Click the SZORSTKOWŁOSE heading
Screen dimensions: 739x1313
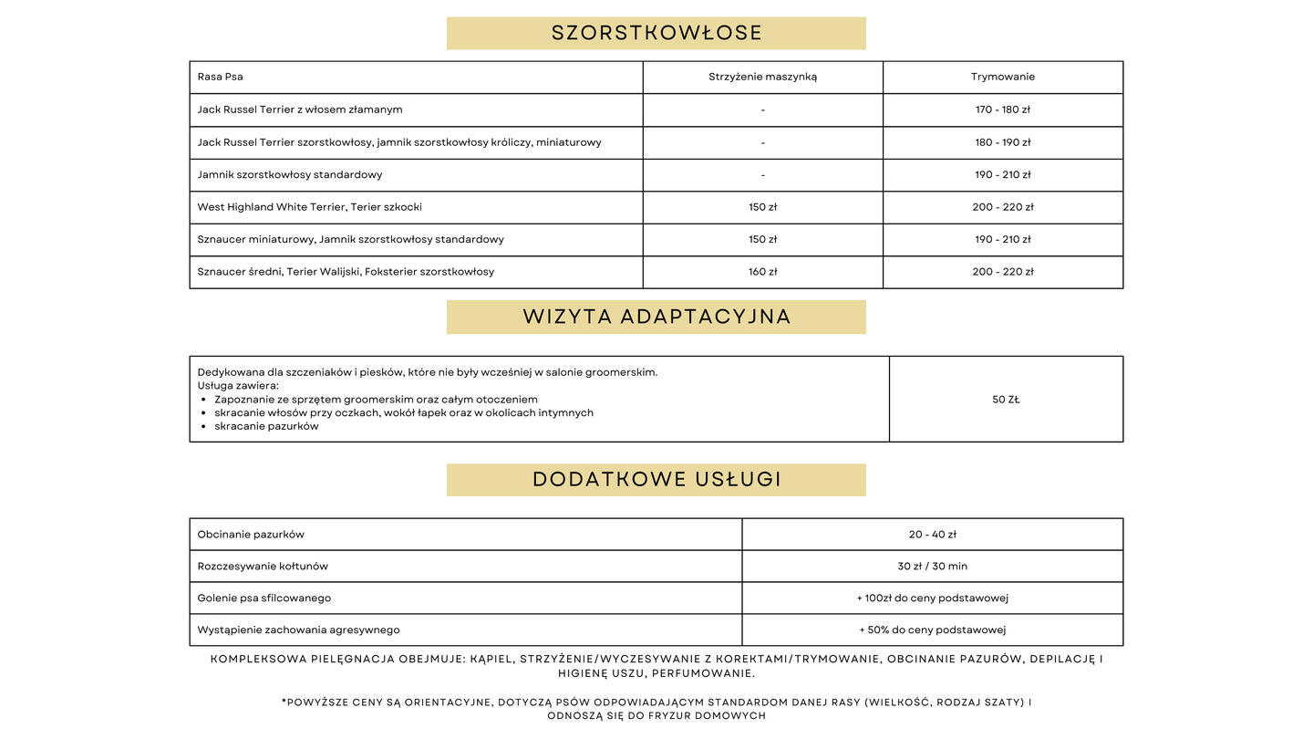pyautogui.click(x=656, y=33)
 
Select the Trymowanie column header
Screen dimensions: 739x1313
pyautogui.click(x=1003, y=77)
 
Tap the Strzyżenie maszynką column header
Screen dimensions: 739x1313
pyautogui.click(x=762, y=77)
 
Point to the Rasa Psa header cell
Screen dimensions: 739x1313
pyautogui.click(x=221, y=77)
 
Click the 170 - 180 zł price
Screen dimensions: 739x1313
pyautogui.click(x=1003, y=109)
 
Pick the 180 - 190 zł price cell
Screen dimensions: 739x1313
pyautogui.click(x=1003, y=142)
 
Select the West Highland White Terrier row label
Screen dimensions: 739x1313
pyautogui.click(x=309, y=207)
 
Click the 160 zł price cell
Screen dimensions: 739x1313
pyautogui.click(x=762, y=272)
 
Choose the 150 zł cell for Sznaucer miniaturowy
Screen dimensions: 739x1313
pyautogui.click(x=762, y=239)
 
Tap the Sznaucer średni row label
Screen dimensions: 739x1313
pyautogui.click(x=346, y=272)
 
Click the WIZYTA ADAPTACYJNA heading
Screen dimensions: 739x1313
pyautogui.click(x=656, y=317)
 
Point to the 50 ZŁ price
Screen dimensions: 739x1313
pyautogui.click(x=1006, y=400)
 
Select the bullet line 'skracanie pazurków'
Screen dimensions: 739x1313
pyautogui.click(x=266, y=426)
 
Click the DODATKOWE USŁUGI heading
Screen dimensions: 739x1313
pyautogui.click(x=656, y=480)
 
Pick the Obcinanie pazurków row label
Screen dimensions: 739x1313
pyautogui.click(x=251, y=535)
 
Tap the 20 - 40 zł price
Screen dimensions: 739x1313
pyautogui.click(x=932, y=535)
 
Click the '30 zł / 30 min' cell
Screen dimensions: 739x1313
pyautogui.click(x=932, y=567)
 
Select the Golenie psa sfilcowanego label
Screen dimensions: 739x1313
pyautogui.click(x=264, y=598)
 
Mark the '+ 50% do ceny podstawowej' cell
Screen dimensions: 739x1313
pyautogui.click(x=932, y=630)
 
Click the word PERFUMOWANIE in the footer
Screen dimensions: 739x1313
pyautogui.click(x=703, y=673)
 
